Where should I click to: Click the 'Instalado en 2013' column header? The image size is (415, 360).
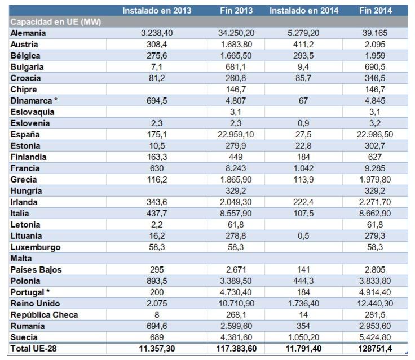pos(157,11)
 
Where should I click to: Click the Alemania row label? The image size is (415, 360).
pos(28,33)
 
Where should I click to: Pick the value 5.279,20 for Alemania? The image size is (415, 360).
pos(303,33)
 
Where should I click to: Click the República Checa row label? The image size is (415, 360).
pos(44,314)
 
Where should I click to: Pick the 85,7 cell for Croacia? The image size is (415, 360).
pos(303,78)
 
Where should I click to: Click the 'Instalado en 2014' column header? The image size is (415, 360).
pos(303,11)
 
